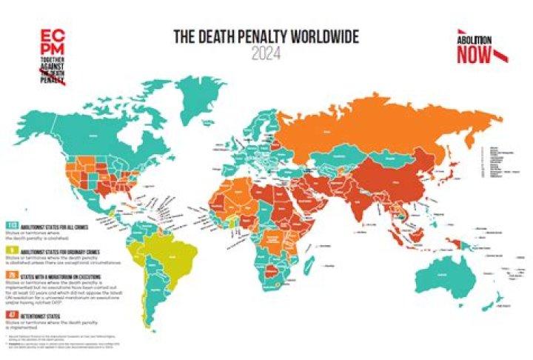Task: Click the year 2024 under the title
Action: point(266,53)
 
